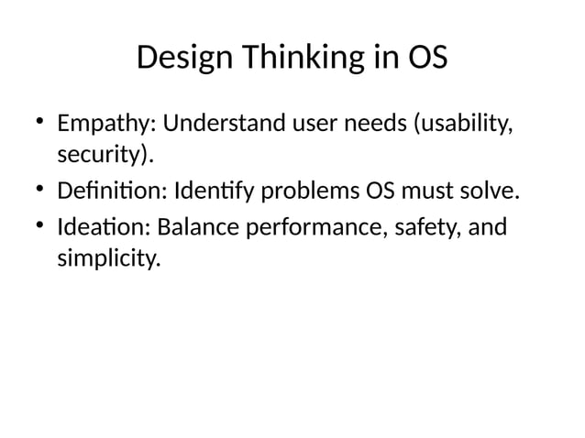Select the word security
(x=102, y=156)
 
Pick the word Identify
(x=209, y=192)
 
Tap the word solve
(x=491, y=192)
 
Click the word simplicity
(x=108, y=259)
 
